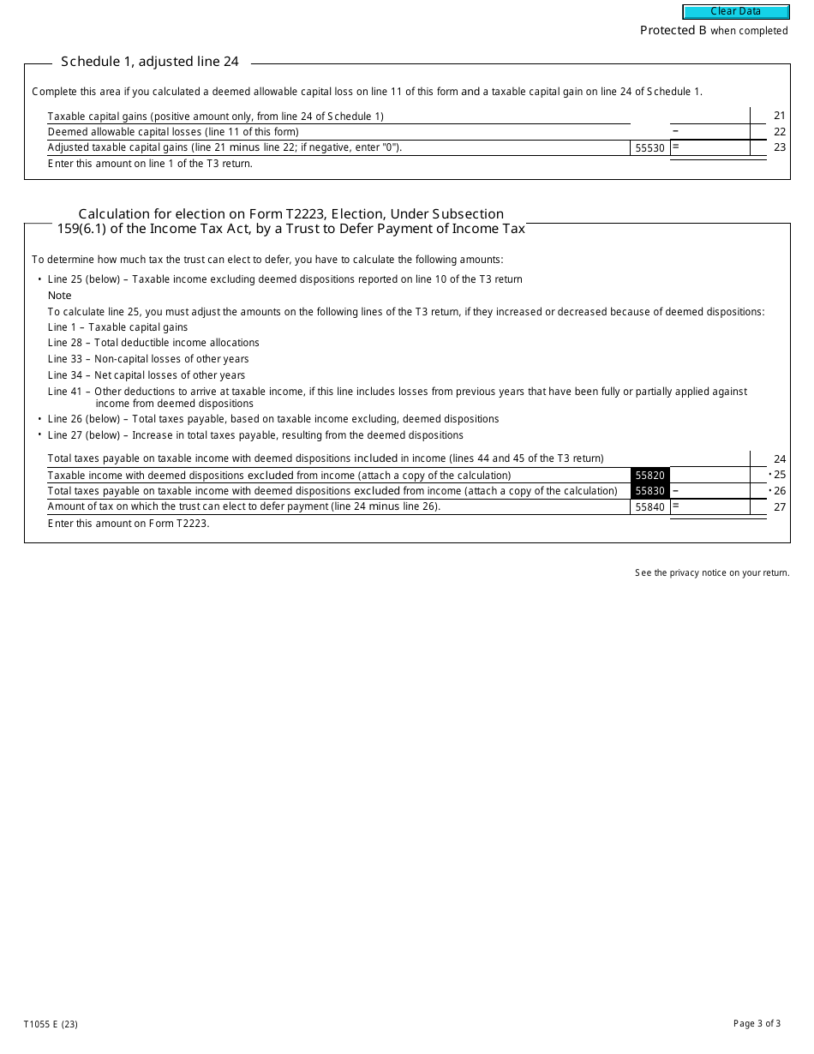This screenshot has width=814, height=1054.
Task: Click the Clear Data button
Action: (735, 12)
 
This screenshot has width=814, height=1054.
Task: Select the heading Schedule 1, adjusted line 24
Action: (150, 62)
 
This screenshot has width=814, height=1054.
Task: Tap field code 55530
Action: (649, 148)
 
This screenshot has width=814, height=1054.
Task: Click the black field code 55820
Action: (649, 476)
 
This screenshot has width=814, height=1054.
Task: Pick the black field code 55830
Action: (649, 491)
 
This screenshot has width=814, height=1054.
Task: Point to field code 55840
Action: (649, 507)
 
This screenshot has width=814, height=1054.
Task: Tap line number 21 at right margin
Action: (779, 116)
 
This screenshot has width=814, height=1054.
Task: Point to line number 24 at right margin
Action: (779, 459)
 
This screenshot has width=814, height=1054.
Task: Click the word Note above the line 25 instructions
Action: (60, 296)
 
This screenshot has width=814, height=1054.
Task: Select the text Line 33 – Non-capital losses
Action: (148, 359)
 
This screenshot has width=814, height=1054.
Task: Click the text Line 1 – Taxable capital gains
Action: (117, 327)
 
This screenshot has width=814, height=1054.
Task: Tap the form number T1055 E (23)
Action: (51, 1024)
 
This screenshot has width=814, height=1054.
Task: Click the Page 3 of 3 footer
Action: (757, 1023)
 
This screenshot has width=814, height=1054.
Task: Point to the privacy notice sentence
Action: (712, 573)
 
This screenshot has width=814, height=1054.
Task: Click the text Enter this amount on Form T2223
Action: (129, 524)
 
